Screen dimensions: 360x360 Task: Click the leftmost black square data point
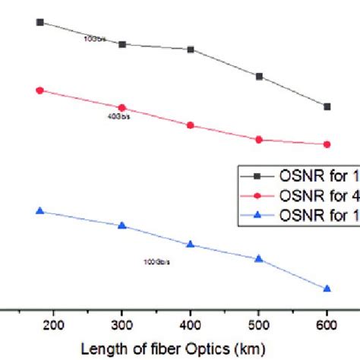point(40,23)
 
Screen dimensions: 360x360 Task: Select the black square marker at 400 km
point(191,49)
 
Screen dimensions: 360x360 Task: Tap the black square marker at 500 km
point(259,77)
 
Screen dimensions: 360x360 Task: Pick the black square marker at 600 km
point(327,106)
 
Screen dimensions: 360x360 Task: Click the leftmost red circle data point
point(40,90)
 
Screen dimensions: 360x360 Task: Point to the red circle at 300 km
point(122,108)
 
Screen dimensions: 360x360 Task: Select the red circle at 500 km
point(259,140)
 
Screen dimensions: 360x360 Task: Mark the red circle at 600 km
point(327,144)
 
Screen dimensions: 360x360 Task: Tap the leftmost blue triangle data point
point(40,210)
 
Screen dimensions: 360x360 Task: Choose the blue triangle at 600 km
point(327,288)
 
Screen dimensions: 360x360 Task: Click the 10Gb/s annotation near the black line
point(93,37)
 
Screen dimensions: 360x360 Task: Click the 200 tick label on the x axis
point(54,325)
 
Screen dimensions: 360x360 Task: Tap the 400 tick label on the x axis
point(191,325)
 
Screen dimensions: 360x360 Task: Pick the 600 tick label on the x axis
point(327,325)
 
